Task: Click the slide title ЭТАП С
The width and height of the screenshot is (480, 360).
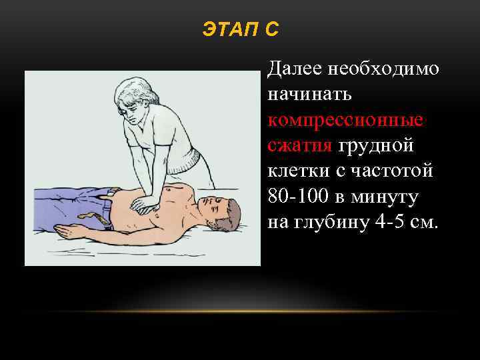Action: pyautogui.click(x=240, y=30)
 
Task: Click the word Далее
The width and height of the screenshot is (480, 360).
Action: pyautogui.click(x=294, y=69)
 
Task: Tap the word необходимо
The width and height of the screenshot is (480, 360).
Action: pyautogui.click(x=385, y=69)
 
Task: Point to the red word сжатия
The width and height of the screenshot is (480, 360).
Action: pyautogui.click(x=300, y=145)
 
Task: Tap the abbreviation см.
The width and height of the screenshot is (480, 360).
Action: pyautogui.click(x=424, y=222)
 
